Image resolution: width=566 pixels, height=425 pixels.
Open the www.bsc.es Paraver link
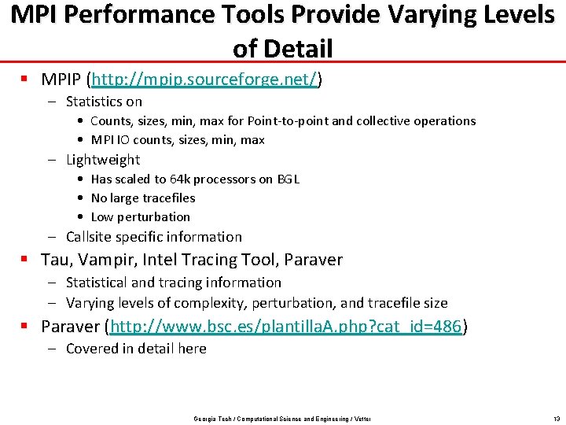pyautogui.click(x=286, y=327)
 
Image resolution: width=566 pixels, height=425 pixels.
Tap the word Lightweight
pyautogui.click(x=103, y=160)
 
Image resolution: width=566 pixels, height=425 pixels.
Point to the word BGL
pyautogui.click(x=288, y=179)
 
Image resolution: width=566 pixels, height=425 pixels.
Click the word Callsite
pyautogui.click(x=90, y=237)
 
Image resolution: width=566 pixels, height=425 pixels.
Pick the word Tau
pyautogui.click(x=54, y=260)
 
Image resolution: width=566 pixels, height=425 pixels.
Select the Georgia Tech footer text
pyautogui.click(x=282, y=419)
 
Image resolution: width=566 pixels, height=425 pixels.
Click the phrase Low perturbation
pyautogui.click(x=141, y=217)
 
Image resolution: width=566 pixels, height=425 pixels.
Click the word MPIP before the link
pyautogui.click(x=63, y=79)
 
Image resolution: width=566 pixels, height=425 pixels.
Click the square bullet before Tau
pyautogui.click(x=26, y=260)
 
